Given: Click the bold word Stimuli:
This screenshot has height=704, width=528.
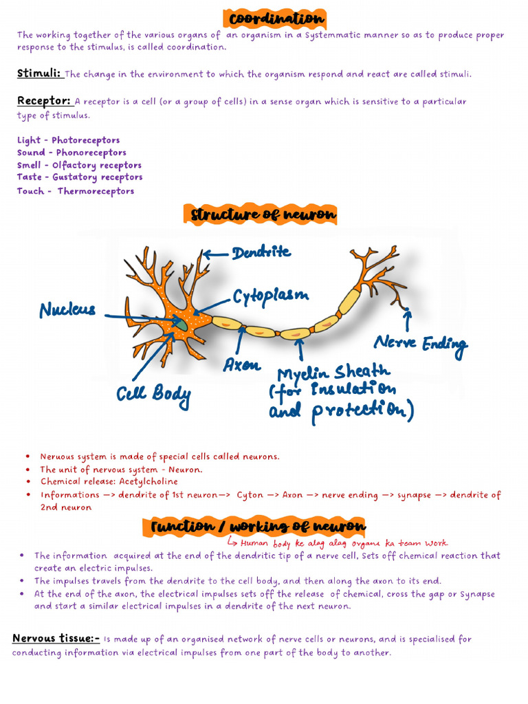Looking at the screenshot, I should pos(39,73).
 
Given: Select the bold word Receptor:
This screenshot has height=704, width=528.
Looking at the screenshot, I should pos(44,101).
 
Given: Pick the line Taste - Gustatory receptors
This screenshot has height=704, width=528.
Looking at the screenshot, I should pos(80,177).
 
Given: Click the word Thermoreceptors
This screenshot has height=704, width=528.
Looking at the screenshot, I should pos(96,191).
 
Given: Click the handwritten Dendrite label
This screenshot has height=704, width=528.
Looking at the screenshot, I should pos(261,252).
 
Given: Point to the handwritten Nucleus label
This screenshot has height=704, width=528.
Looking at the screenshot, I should pos(67,311).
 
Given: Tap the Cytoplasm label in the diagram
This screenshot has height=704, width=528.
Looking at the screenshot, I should pos(270,296).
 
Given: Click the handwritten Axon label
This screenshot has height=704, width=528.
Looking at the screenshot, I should pos(241,365).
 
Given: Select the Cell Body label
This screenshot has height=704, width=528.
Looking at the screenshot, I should pos(153,395).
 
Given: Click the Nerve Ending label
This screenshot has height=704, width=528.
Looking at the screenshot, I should pos(420,343).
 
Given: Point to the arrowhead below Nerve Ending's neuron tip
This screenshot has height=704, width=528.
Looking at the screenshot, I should pos(408,314).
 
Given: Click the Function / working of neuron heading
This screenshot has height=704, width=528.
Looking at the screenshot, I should pos(258,527).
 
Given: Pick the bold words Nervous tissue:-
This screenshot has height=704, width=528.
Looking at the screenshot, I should pos(56,639).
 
